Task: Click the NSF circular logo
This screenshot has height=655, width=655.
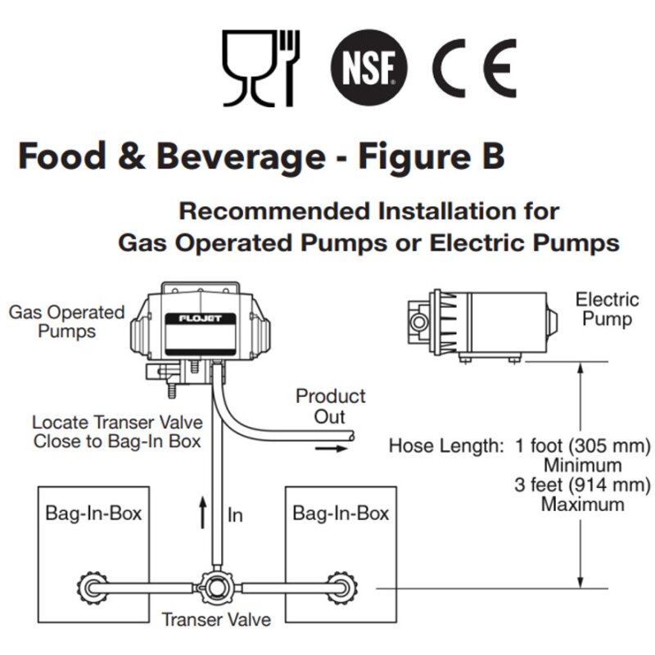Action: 369,67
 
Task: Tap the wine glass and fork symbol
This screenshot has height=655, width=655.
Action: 261,68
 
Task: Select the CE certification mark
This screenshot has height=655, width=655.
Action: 474,68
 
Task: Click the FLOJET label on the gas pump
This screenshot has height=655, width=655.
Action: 201,318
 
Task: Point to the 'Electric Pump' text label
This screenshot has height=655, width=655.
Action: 608,309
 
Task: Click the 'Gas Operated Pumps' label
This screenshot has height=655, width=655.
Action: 67,322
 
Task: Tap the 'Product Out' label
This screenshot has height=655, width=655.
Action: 331,406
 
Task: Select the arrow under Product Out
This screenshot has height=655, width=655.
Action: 332,449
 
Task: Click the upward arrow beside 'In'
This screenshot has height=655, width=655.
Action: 203,513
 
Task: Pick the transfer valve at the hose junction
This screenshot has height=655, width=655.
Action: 216,588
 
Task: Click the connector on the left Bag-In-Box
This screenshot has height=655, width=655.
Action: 93,588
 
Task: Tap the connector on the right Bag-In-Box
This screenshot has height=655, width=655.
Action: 341,588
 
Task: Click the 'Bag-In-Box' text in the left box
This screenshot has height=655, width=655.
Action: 93,513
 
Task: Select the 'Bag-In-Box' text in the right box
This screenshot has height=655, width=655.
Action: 341,513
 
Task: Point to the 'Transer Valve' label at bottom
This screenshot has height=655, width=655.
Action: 216,620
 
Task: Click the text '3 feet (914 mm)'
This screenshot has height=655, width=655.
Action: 582,485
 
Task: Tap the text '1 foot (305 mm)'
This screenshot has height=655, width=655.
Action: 583,445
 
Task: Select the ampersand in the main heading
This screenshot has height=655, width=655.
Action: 131,156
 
